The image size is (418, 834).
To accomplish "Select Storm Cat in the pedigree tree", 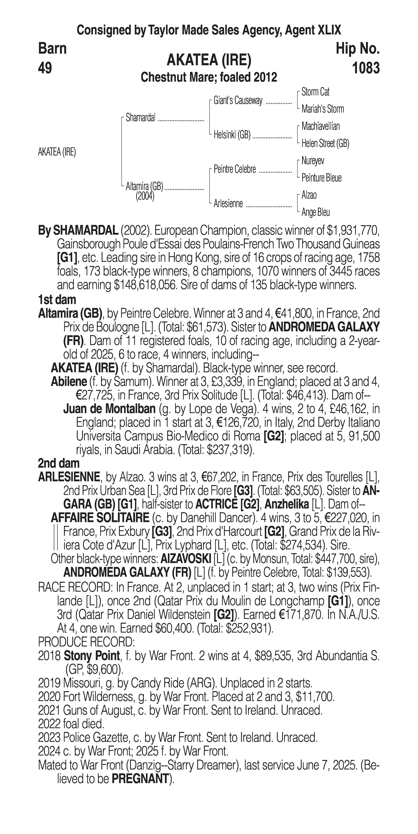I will [315, 92].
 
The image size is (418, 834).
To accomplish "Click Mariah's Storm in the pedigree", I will [322, 109].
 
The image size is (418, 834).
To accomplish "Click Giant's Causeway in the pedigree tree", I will [238, 101].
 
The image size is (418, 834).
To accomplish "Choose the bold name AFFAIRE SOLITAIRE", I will [100, 518].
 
